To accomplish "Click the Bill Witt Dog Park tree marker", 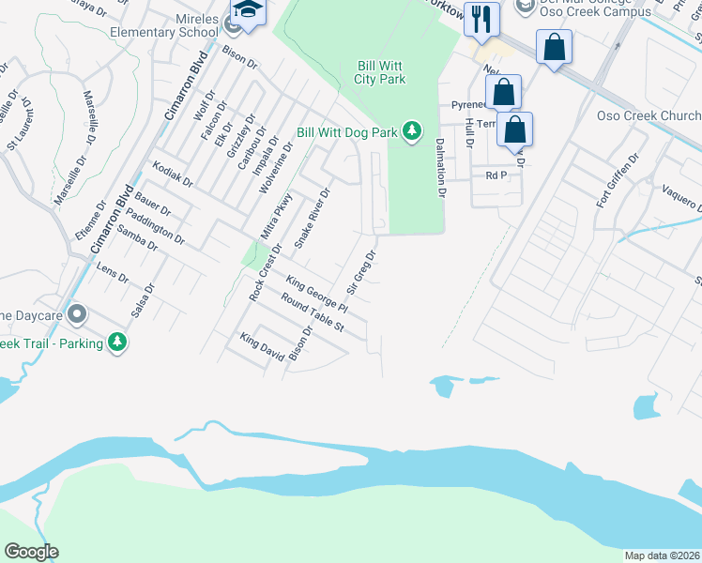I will tap(411, 132).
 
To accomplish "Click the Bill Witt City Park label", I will tap(380, 73).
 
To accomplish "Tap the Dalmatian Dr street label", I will tap(438, 167).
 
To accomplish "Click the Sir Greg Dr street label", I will tap(363, 268).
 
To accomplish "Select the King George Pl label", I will tap(317, 295).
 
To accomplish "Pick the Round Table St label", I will tap(313, 314).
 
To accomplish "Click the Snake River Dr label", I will tap(313, 218).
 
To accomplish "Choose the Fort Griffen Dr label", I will tap(617, 182).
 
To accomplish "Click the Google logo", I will tap(31, 552).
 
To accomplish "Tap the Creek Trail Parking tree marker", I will tap(117, 342).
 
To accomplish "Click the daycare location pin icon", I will tap(77, 313).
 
